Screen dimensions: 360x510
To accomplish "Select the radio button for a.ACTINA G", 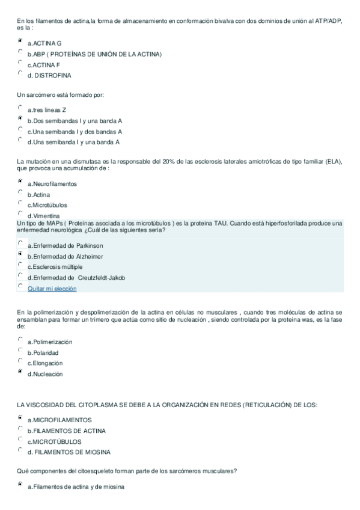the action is (x=20, y=41).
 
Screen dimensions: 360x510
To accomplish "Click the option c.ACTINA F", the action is (x=20, y=63).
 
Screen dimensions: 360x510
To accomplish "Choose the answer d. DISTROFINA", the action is (x=20, y=73).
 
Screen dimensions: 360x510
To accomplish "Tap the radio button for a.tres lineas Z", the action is (x=20, y=108).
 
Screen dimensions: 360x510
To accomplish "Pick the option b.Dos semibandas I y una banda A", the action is (x=20, y=118).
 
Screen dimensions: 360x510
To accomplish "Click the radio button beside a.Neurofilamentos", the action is (x=20, y=182).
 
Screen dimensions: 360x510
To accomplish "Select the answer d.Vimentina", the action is (x=20, y=214).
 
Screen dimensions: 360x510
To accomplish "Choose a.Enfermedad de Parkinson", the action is (x=20, y=244).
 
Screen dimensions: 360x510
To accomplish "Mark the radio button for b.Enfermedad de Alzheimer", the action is (x=20, y=254).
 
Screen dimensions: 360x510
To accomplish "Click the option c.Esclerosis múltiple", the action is (x=20, y=265).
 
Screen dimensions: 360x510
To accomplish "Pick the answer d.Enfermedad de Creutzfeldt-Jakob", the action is (x=20, y=275).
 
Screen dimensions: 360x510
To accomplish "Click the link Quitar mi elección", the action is (x=52, y=289).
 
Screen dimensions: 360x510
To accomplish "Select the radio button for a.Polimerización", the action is (x=20, y=340).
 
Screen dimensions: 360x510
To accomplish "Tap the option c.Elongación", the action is (x=20, y=361).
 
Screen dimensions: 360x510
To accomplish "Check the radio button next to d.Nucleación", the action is (x=20, y=372).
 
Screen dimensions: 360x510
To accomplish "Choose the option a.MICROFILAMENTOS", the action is (x=20, y=417).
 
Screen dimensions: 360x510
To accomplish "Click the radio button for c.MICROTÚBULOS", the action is (x=20, y=439).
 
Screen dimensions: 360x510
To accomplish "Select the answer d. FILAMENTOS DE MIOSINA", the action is (x=20, y=450).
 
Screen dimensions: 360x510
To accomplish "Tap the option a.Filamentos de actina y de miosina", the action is (x=20, y=484).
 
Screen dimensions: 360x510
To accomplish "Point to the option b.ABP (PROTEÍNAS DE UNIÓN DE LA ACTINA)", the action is (x=20, y=52).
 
